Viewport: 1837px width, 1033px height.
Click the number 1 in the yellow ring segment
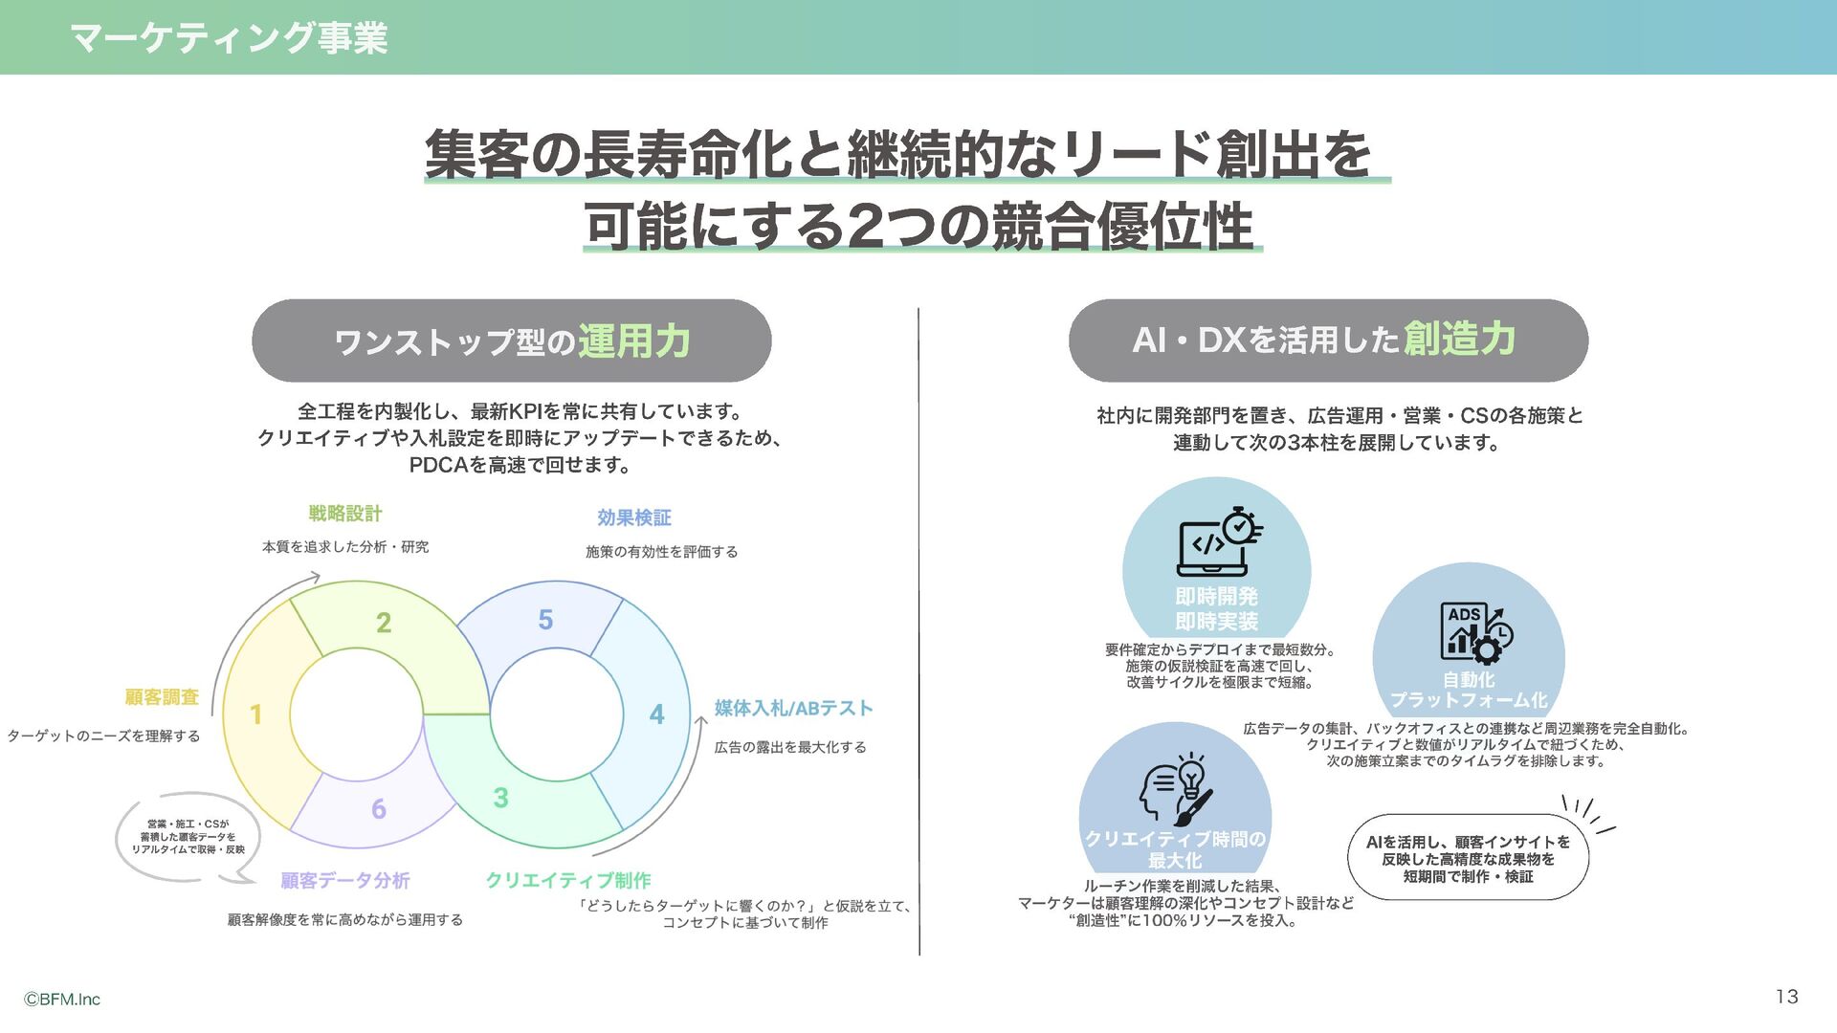pyautogui.click(x=255, y=714)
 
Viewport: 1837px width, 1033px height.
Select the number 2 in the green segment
pyautogui.click(x=384, y=623)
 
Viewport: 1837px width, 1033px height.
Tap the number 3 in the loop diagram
pyautogui.click(x=500, y=798)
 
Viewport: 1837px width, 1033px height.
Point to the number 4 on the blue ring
pyautogui.click(x=656, y=714)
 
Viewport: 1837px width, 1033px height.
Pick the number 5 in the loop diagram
pyautogui.click(x=545, y=620)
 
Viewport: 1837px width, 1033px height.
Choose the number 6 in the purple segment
pyautogui.click(x=379, y=809)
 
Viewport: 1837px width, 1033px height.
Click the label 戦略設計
pyautogui.click(x=345, y=514)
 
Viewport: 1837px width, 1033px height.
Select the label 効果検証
pyautogui.click(x=634, y=517)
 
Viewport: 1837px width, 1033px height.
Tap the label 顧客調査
pyautogui.click(x=162, y=697)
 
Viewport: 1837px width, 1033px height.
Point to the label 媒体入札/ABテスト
pyautogui.click(x=793, y=708)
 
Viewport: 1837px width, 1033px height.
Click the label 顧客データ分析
pyautogui.click(x=345, y=880)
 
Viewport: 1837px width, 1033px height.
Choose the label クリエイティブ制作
pyautogui.click(x=568, y=880)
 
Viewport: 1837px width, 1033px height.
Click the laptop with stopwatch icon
pyautogui.click(x=1218, y=542)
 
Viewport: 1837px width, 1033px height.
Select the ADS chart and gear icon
pyautogui.click(x=1475, y=631)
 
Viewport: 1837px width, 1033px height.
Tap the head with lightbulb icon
pyautogui.click(x=1176, y=790)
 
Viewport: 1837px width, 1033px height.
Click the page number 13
pyautogui.click(x=1786, y=997)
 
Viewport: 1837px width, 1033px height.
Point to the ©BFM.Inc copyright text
pyautogui.click(x=62, y=1000)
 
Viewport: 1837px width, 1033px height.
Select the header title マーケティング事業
pyautogui.click(x=229, y=38)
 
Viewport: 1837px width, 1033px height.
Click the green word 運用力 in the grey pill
pyautogui.click(x=633, y=341)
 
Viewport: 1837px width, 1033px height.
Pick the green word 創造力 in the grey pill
pyautogui.click(x=1459, y=339)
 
